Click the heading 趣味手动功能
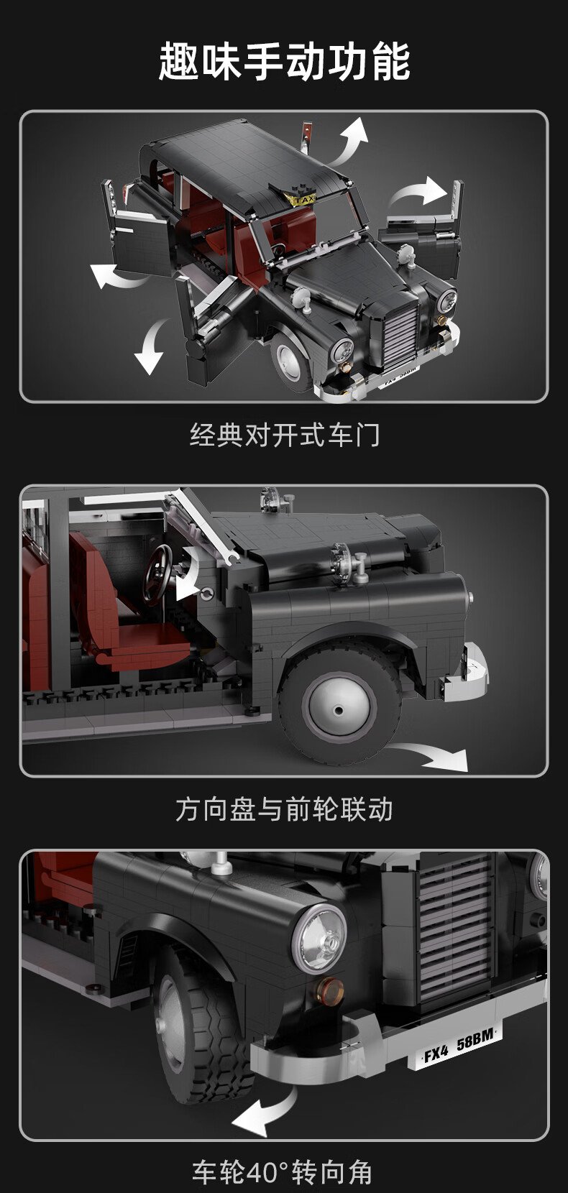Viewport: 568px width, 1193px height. [x=284, y=63]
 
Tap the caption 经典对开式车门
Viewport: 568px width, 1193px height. [x=285, y=435]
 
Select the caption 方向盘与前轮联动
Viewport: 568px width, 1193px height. [x=284, y=809]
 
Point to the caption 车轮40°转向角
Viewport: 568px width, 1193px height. [x=283, y=1172]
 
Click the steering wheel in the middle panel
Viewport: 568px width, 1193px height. [x=158, y=575]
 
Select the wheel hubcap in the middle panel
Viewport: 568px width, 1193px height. [x=339, y=706]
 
